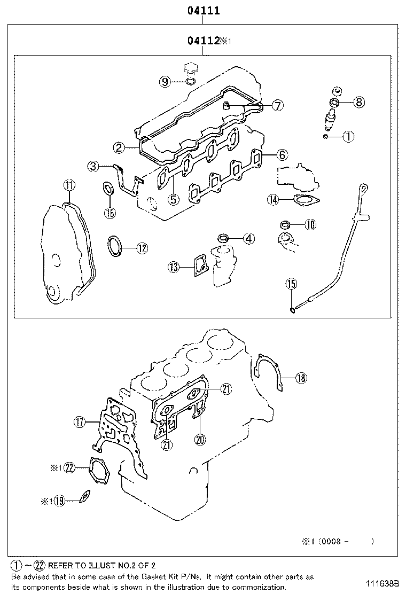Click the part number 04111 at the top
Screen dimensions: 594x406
[204, 10]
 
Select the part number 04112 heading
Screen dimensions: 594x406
[204, 41]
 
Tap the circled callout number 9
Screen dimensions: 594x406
[165, 82]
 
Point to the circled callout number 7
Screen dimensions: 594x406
[277, 105]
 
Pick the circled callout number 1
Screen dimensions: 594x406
[348, 137]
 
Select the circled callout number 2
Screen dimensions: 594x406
[119, 147]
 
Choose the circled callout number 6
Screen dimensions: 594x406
[282, 155]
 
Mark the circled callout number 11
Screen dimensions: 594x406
[69, 185]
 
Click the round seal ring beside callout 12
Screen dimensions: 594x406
[114, 247]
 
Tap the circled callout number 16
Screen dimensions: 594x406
[109, 213]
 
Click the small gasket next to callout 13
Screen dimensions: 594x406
[200, 266]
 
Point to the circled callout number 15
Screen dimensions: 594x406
[291, 284]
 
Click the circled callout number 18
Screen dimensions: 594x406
[301, 378]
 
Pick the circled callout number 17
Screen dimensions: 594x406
[80, 422]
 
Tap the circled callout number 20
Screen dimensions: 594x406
[200, 440]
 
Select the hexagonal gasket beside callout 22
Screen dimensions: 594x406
[98, 470]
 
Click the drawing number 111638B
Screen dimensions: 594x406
[382, 583]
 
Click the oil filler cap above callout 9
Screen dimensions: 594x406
[190, 68]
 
